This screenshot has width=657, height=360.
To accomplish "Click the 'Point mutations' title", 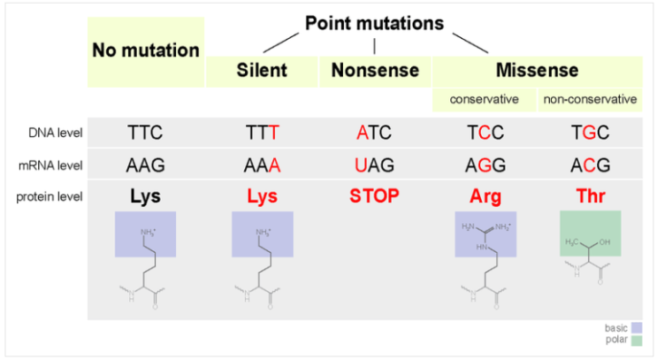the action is tap(374, 24).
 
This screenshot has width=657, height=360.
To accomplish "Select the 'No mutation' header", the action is tap(146, 50).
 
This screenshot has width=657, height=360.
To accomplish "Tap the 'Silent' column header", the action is tap(262, 70).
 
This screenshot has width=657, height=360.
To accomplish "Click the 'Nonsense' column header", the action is tap(375, 70).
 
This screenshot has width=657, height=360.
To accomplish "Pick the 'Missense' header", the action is tap(537, 70).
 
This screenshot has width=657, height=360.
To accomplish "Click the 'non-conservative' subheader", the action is tap(590, 99).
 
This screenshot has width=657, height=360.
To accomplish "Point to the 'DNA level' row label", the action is tap(56, 133).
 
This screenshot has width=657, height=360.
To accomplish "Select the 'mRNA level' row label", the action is tap(50, 165).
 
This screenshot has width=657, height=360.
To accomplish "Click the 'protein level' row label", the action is tap(49, 196).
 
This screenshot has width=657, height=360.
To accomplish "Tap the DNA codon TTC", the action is tap(145, 133).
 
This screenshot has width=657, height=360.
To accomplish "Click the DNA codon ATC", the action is tap(374, 133).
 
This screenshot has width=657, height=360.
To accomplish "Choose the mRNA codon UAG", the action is tap(374, 165).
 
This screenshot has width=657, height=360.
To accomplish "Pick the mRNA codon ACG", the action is tap(590, 165).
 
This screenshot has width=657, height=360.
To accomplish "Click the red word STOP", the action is tap(375, 196).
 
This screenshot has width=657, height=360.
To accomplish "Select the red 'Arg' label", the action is tap(485, 196).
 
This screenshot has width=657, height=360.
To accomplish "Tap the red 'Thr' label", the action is tap(591, 196).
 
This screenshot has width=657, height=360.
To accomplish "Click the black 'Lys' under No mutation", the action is tap(145, 196).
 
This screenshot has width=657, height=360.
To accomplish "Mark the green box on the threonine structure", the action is tap(591, 234).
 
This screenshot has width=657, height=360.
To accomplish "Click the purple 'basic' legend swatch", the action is tap(637, 328).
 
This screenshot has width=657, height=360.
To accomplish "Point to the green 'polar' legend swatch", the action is tap(637, 341).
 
